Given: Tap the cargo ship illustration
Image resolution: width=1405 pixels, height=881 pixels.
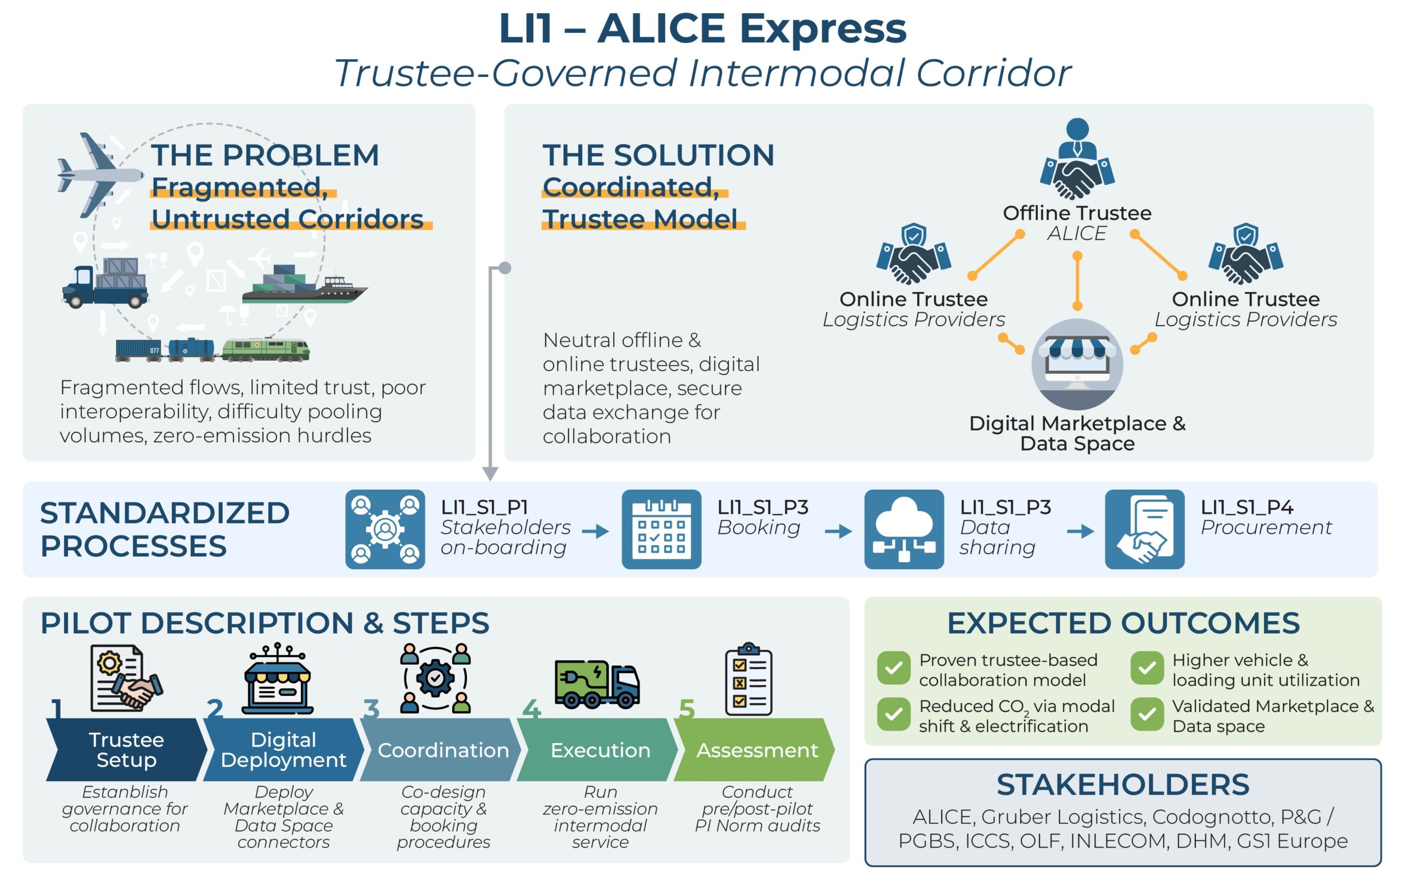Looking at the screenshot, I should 304,285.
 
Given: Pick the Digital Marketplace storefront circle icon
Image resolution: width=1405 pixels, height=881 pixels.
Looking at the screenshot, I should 1077,363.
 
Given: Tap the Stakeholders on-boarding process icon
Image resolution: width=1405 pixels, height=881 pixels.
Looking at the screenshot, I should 385,529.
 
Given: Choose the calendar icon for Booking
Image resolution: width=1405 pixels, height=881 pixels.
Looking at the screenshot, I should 661,529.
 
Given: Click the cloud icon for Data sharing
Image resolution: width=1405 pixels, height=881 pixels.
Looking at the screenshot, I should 903,529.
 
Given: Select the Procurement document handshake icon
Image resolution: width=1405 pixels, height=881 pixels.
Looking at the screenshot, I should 1144,529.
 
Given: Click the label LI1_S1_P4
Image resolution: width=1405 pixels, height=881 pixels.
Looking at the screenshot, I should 1246,508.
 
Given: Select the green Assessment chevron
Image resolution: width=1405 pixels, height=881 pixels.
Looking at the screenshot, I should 756,750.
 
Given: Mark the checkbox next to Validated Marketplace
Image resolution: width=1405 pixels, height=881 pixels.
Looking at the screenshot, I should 1147,714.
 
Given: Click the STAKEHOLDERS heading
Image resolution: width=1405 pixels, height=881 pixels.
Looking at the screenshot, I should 1122,784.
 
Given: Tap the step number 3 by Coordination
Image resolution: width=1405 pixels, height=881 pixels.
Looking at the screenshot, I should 371,709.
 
